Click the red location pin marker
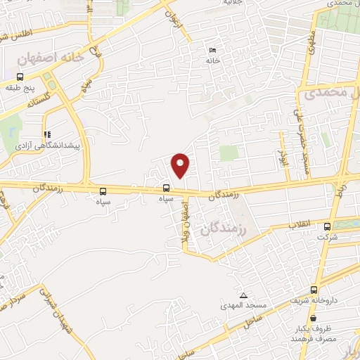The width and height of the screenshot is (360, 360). pos(181,165)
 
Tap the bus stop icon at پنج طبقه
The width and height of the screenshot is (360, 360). pos(20,77)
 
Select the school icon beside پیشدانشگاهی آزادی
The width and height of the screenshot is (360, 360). pos(46,134)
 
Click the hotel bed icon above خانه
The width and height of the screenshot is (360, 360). pos(212,50)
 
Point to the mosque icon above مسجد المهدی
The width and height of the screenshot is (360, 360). pos(243,295)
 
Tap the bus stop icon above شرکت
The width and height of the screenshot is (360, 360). pos(327,226)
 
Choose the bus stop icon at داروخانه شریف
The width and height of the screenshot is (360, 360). pos(314,290)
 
